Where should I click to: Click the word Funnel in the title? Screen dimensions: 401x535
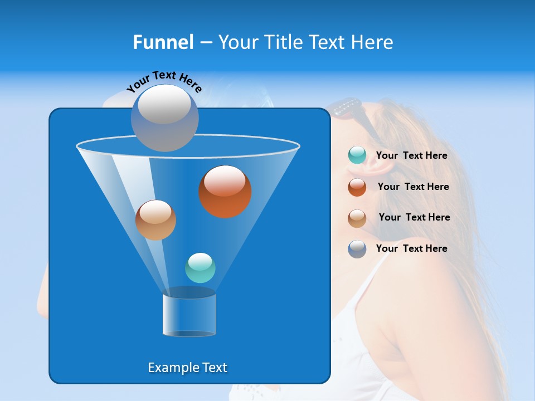163,42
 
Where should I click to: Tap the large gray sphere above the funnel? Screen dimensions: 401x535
164,118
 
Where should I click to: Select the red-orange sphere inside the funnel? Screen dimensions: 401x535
225,192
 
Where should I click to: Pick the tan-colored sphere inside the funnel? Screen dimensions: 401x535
155,220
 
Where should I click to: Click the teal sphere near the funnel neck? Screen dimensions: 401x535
200,268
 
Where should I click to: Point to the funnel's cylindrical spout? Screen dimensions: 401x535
189,315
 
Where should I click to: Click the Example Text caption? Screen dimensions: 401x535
187,368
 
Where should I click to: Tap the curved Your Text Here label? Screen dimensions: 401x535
164,81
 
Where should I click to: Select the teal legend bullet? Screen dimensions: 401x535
357,155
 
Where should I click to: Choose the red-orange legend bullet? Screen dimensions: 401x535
357,187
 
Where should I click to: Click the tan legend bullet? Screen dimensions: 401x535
357,218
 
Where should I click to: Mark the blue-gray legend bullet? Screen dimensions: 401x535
357,249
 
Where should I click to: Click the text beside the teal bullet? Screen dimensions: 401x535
411,156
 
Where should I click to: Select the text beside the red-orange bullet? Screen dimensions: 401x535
413,187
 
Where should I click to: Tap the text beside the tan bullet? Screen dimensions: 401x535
414,217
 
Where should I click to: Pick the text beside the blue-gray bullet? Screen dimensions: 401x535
411,248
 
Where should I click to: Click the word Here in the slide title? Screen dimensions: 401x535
372,42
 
